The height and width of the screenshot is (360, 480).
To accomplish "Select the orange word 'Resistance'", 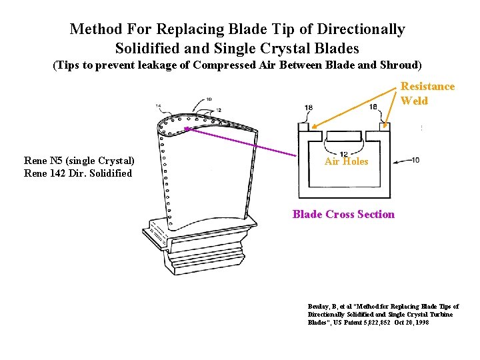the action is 427,86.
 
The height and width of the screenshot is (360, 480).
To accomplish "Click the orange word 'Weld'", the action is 414,100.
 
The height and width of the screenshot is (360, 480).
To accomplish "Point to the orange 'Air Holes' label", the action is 346,161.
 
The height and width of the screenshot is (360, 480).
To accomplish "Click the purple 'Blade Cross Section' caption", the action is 343,214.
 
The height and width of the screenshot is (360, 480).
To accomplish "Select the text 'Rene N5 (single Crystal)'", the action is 79,160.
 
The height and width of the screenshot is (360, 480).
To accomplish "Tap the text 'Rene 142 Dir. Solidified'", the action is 78,173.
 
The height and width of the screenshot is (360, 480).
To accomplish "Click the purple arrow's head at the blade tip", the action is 187,127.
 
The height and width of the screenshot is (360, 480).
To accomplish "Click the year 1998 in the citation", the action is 421,322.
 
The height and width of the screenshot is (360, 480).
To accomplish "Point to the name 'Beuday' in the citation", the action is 319,306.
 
